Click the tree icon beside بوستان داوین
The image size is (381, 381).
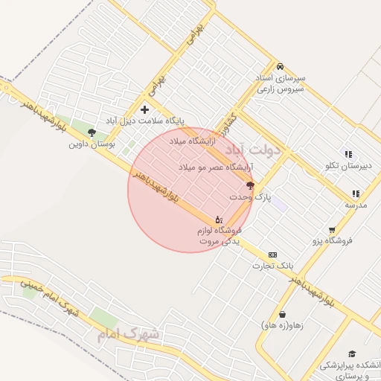92,132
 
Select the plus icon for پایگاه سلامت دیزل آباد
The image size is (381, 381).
145,110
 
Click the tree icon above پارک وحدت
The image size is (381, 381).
249,186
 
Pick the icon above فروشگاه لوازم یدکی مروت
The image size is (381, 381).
218,220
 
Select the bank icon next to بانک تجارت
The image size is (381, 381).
272,254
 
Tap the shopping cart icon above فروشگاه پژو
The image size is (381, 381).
331,230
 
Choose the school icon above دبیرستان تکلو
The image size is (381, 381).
348,154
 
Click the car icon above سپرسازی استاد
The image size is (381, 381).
280,66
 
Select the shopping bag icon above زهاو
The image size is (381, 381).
282,314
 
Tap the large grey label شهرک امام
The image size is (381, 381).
127,335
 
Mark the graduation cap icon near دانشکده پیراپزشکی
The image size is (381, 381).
353,353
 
